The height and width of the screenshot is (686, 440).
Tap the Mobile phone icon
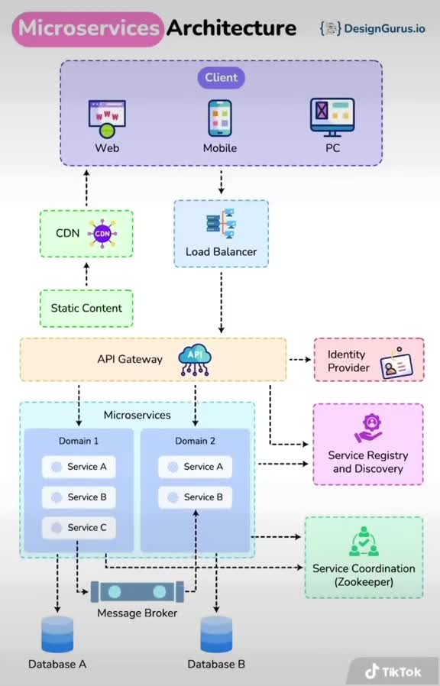point(220,118)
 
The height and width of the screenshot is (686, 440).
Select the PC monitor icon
point(332,117)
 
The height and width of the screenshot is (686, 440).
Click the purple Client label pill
point(222,78)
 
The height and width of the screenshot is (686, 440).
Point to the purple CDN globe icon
point(102,234)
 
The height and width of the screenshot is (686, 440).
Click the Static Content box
point(86,308)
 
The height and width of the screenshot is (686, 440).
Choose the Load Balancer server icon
point(222,224)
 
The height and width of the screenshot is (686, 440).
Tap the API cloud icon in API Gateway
point(195,360)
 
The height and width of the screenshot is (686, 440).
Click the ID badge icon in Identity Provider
point(397,364)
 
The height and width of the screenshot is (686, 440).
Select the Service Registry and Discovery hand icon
point(368,428)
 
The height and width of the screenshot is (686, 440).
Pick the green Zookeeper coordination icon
point(364,542)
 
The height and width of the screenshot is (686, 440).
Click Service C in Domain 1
point(79,528)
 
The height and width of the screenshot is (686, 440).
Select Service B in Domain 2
point(195,497)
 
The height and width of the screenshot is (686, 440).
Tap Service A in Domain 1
point(79,467)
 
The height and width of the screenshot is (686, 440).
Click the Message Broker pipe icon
point(137,592)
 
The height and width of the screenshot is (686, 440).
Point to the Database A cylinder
point(57,634)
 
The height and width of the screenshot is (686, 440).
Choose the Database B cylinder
point(216,634)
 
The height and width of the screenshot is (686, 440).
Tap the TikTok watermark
point(393,671)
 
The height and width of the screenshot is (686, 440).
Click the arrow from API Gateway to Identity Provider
point(300,360)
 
